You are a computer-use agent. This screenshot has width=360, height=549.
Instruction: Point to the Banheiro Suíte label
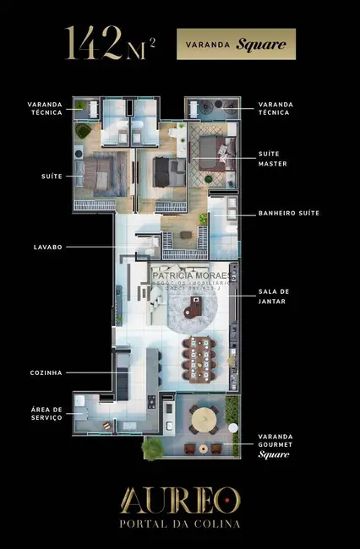[289, 214]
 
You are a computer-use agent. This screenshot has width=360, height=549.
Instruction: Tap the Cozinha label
[45, 372]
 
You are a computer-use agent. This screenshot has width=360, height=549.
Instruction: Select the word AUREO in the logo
[180, 500]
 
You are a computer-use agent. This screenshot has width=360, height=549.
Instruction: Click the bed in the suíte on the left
[99, 172]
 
